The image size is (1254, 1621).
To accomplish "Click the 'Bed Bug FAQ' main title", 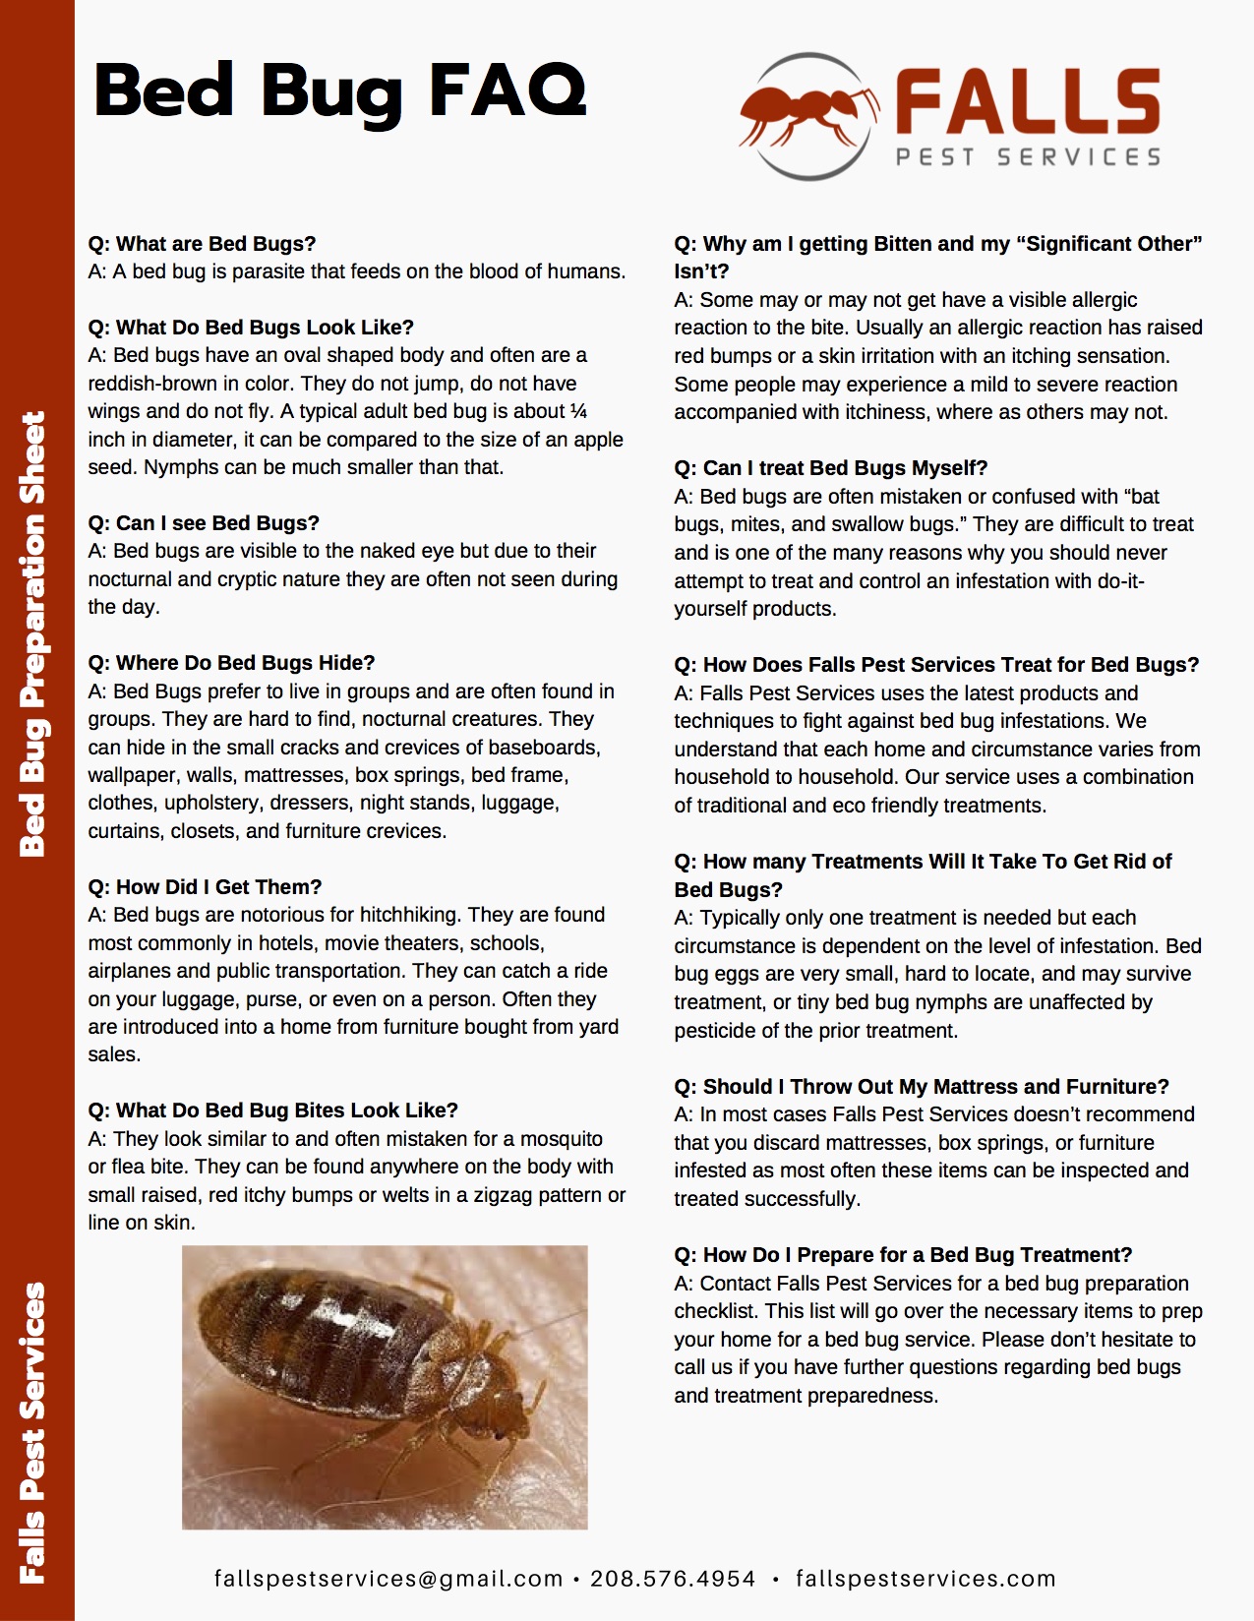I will coord(339,91).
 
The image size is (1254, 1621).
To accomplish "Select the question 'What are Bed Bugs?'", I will coord(202,244).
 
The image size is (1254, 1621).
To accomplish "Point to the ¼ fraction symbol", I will coord(578,411).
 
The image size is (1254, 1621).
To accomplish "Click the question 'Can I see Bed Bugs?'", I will coord(204,523).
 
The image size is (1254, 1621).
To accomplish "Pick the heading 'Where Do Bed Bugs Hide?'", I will coord(231,663).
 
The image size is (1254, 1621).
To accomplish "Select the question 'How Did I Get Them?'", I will coord(205,887).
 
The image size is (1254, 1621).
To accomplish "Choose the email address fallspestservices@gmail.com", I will coord(388,1579).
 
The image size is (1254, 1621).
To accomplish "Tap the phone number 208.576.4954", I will coord(673,1579).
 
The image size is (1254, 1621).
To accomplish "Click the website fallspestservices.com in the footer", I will coord(926,1579).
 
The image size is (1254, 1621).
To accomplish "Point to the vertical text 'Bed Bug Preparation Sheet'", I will coord(34,634).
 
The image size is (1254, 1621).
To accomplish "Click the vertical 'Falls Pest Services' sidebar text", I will coord(34,1431).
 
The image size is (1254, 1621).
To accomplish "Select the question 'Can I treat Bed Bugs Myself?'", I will coord(831,468).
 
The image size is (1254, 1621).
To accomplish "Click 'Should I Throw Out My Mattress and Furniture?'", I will coord(922,1087).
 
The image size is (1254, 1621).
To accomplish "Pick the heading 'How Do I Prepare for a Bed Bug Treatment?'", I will coord(903,1255).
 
